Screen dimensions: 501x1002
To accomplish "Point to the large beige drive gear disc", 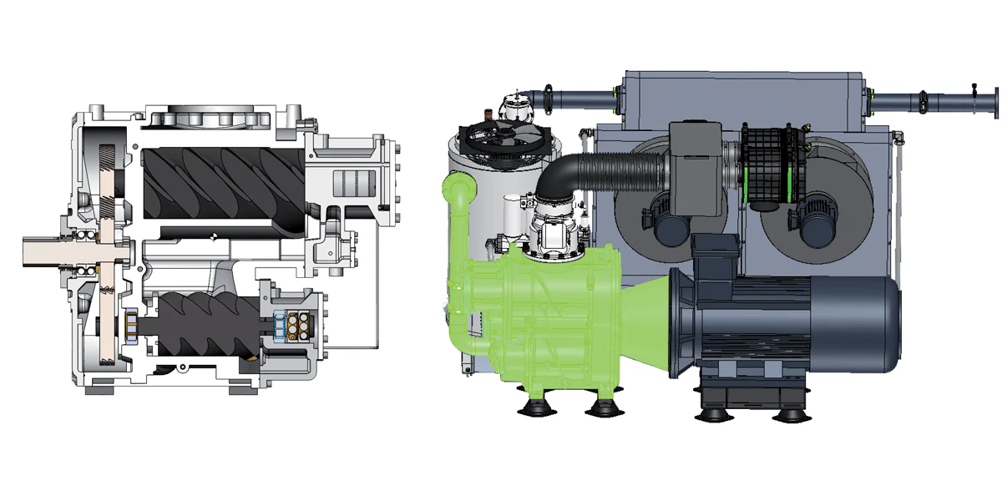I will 106,250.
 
